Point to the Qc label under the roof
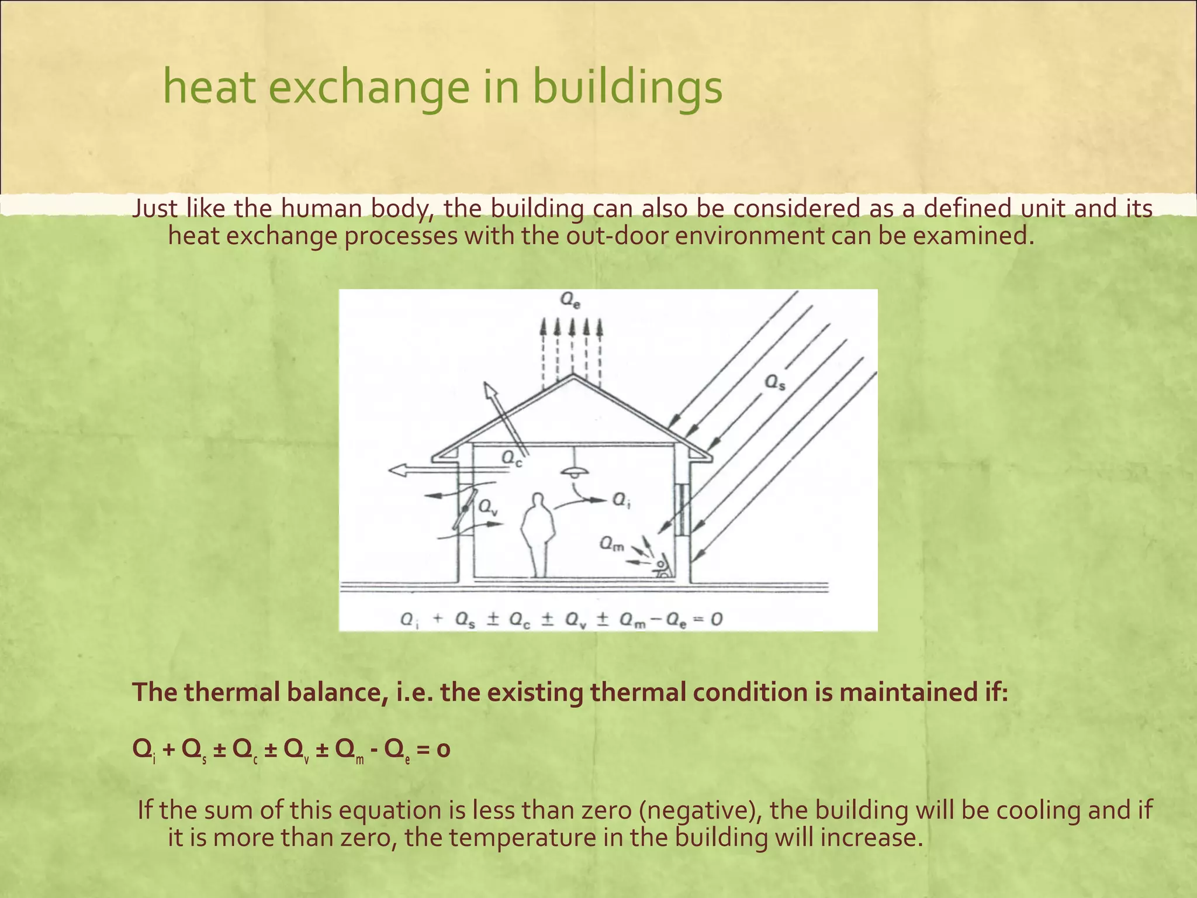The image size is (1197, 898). coord(511,459)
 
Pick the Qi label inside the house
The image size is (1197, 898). coord(621,500)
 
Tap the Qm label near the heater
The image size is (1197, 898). coord(611,545)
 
